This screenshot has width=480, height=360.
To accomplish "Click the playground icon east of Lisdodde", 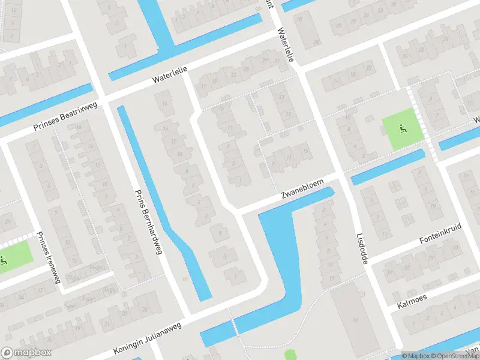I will point(403,128).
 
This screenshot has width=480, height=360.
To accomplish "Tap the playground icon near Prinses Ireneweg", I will point(4,260).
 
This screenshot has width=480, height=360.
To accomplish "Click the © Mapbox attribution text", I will point(416,356).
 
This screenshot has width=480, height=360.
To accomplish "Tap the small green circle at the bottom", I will point(290,355).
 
